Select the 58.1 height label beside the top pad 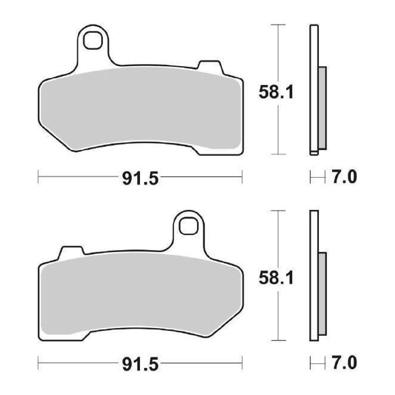pyautogui.click(x=276, y=93)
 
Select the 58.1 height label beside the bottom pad pyautogui.click(x=276, y=279)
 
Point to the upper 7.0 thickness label pyautogui.click(x=344, y=178)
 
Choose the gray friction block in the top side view pyautogui.click(x=322, y=108)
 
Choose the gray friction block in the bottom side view pyautogui.click(x=322, y=294)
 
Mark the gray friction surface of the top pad pyautogui.click(x=140, y=109)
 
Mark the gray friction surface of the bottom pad pyautogui.click(x=140, y=294)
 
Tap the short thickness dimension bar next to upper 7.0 pyautogui.click(x=318, y=178)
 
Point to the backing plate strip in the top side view pyautogui.click(x=314, y=49)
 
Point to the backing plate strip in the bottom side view pyautogui.click(x=314, y=234)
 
